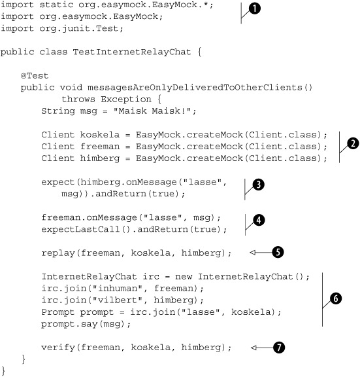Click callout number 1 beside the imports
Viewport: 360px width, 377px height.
254,9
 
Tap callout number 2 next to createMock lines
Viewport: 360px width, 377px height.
353,143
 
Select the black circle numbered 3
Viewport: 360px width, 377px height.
259,185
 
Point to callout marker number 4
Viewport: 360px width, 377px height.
259,220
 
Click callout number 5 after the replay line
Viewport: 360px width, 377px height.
278,252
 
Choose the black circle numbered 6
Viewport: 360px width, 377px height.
336,298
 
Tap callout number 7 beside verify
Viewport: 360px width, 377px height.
278,348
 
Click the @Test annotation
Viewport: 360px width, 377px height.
35,76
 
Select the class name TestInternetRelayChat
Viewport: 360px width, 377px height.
132,52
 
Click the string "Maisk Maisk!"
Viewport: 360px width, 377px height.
152,111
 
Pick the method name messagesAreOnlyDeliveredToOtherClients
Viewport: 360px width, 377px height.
195,88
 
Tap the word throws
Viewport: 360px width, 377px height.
78,99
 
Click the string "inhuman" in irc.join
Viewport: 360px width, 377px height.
118,288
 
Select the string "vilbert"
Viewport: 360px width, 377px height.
118,300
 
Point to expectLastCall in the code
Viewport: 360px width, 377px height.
80,229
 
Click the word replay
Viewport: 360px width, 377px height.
58,253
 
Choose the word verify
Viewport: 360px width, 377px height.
58,348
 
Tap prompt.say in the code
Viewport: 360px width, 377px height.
69,324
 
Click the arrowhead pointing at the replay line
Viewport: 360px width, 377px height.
252,252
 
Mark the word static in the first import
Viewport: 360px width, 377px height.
56,5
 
